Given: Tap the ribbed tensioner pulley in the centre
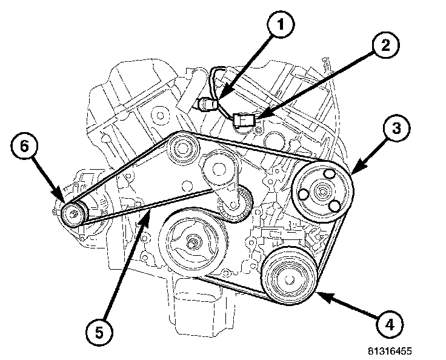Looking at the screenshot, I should point(236,205).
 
